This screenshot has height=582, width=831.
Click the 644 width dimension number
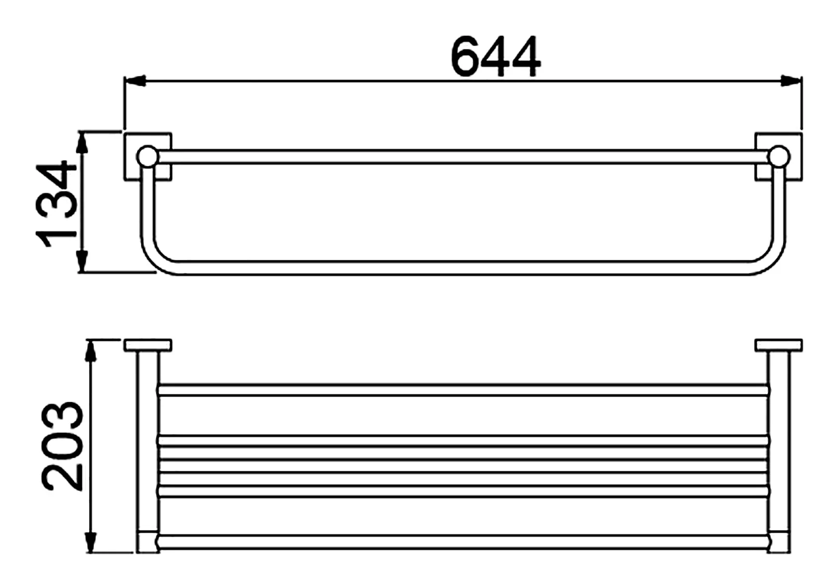point(495,57)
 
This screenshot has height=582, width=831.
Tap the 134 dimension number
point(57,204)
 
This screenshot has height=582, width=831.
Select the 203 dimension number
point(62,445)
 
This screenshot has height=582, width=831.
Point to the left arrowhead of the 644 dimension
point(135,81)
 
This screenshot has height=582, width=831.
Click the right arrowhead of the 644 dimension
point(792,81)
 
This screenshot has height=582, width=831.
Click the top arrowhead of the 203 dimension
point(91,351)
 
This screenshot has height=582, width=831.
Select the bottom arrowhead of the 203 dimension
point(91,543)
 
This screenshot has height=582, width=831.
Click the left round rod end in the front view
point(148,156)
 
